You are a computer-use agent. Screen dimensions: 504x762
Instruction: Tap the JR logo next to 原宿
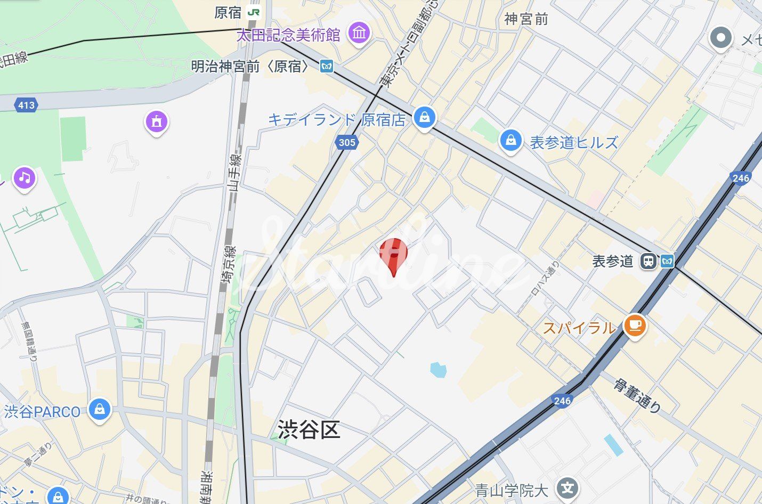coord(254,12)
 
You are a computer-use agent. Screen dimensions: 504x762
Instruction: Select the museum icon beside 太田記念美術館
coord(359,33)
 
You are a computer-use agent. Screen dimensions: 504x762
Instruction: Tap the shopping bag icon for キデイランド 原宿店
coord(424,117)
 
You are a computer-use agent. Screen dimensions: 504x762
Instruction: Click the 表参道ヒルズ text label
coord(574,142)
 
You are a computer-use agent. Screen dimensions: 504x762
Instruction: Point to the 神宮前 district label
coord(526,20)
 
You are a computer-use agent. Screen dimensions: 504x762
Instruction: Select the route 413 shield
coord(26,105)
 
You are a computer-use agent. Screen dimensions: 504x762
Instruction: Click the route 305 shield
coord(346,142)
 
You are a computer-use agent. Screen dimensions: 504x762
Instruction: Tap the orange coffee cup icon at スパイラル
coord(634,325)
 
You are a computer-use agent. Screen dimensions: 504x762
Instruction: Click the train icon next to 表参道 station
coord(648,261)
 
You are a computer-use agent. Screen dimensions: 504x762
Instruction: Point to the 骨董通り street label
coord(637,395)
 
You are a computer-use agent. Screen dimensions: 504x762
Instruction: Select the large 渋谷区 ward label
coord(309,429)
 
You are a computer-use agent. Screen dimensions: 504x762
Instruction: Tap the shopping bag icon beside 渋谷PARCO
coord(100,409)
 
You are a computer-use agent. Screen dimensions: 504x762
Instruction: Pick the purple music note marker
coord(25,178)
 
